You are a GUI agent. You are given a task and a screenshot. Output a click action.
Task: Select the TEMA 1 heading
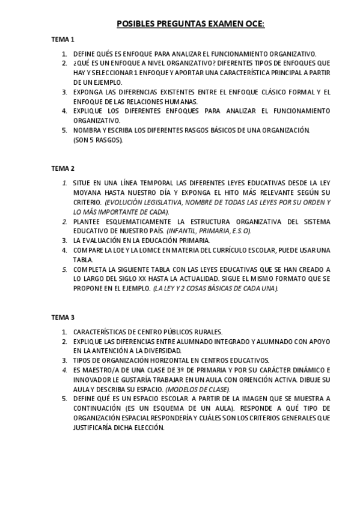(63, 40)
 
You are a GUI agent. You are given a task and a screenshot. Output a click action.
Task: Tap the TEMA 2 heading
(63, 168)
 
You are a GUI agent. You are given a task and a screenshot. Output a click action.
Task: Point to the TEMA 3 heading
(63, 317)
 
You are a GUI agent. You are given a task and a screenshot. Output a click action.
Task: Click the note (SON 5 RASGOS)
(97, 140)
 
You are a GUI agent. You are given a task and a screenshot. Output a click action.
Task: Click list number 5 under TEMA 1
(64, 131)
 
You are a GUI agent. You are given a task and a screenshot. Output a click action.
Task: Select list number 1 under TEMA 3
(64, 331)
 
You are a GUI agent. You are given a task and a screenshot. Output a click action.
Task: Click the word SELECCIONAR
(105, 73)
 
